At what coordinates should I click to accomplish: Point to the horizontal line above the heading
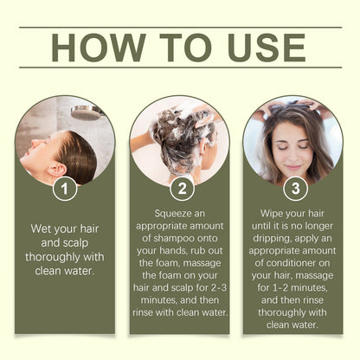click(x=180, y=27)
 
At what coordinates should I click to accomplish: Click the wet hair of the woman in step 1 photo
click(x=77, y=156)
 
